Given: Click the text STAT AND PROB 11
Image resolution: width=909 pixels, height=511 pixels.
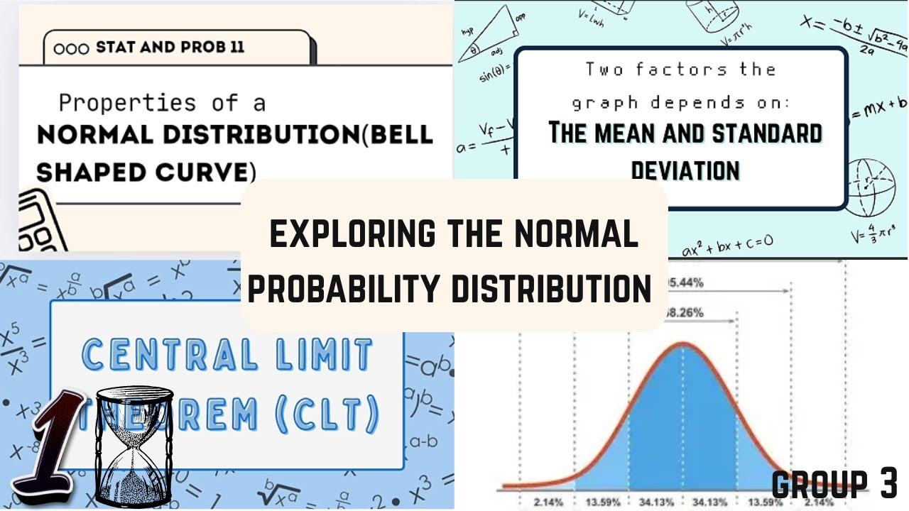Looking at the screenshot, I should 170,48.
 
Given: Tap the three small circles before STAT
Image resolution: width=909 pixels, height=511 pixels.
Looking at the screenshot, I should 71,49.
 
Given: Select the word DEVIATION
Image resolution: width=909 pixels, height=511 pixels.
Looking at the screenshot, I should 685,170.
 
